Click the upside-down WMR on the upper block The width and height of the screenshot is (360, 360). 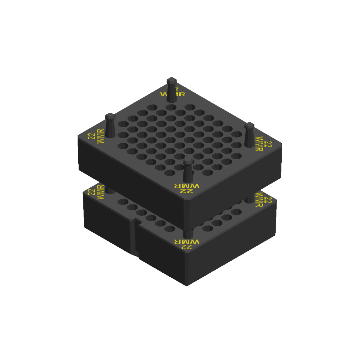187,186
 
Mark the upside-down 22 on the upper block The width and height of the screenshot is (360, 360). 187,191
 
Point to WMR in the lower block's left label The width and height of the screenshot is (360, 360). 100,194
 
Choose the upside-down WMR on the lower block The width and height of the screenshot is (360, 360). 187,242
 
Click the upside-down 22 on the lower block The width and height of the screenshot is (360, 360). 187,247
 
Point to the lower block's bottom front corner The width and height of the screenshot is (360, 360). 187,285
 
